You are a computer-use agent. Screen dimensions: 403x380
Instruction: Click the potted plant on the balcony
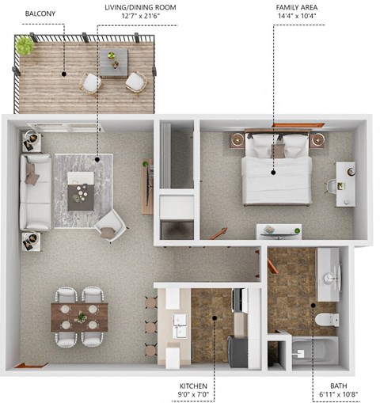point(25,47)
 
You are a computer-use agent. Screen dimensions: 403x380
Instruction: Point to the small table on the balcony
point(113,61)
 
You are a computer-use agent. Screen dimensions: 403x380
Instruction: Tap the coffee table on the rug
point(81,190)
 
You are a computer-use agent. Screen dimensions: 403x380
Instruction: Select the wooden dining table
point(80,317)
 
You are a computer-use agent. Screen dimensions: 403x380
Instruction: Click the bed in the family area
point(274,170)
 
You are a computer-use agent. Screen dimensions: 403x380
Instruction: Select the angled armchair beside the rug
point(109,225)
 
